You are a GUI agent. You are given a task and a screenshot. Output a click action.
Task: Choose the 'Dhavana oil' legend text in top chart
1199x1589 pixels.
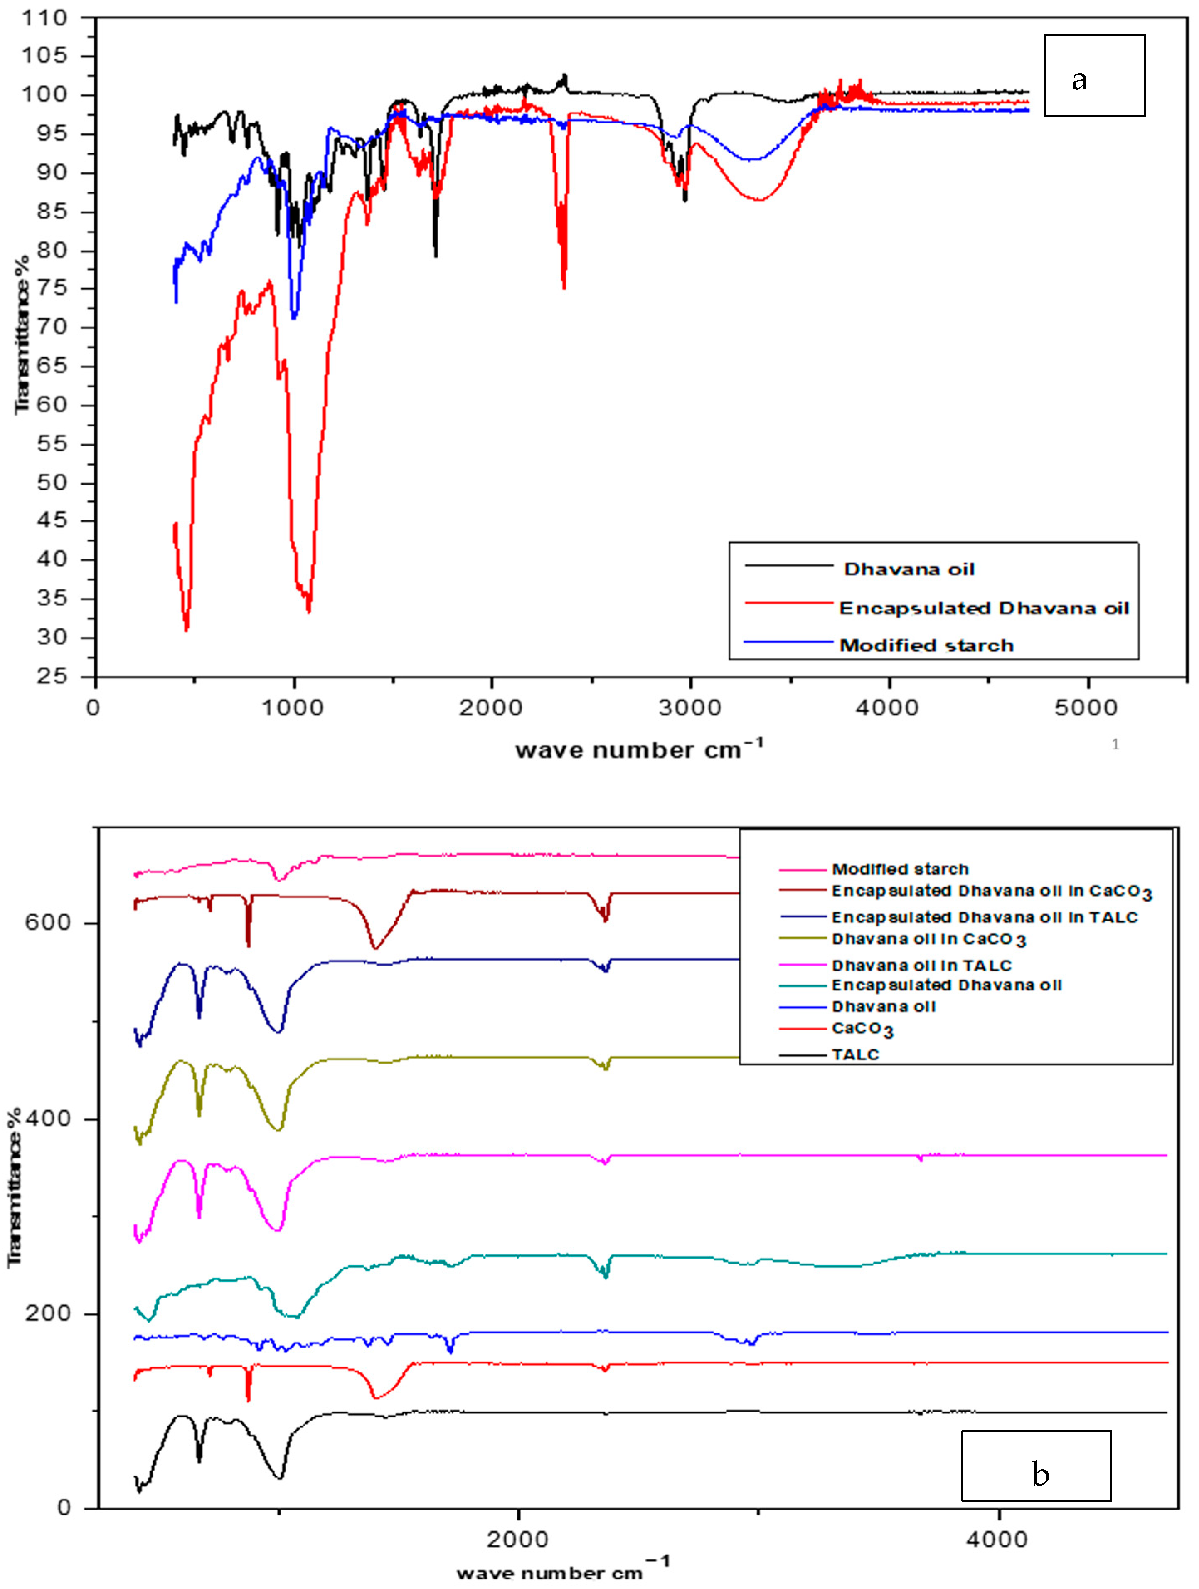click(909, 570)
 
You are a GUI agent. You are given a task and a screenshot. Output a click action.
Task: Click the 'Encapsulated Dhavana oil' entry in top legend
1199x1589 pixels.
click(983, 609)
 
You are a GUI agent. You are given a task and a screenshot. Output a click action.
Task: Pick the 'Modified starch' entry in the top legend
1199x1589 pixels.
click(926, 645)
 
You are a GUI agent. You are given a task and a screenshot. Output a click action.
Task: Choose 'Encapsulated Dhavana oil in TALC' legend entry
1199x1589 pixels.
click(984, 917)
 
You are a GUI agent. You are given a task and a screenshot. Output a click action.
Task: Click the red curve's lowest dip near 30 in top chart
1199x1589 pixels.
click(187, 628)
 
